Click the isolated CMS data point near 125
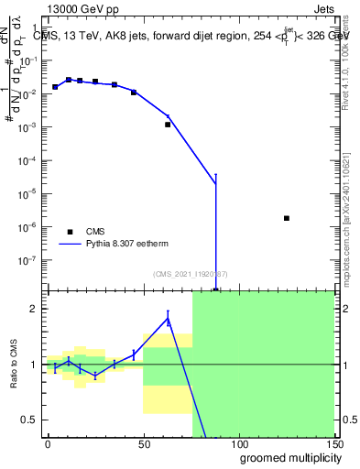[x=287, y=218]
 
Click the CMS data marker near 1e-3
[x=168, y=124]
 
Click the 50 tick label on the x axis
[x=143, y=444]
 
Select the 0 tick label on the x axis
[x=48, y=444]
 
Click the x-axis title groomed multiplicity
[x=288, y=457]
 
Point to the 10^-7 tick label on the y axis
[x=29, y=259]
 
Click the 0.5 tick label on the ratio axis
[x=30, y=420]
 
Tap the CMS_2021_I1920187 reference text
[x=190, y=274]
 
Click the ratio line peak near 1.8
[x=168, y=318]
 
